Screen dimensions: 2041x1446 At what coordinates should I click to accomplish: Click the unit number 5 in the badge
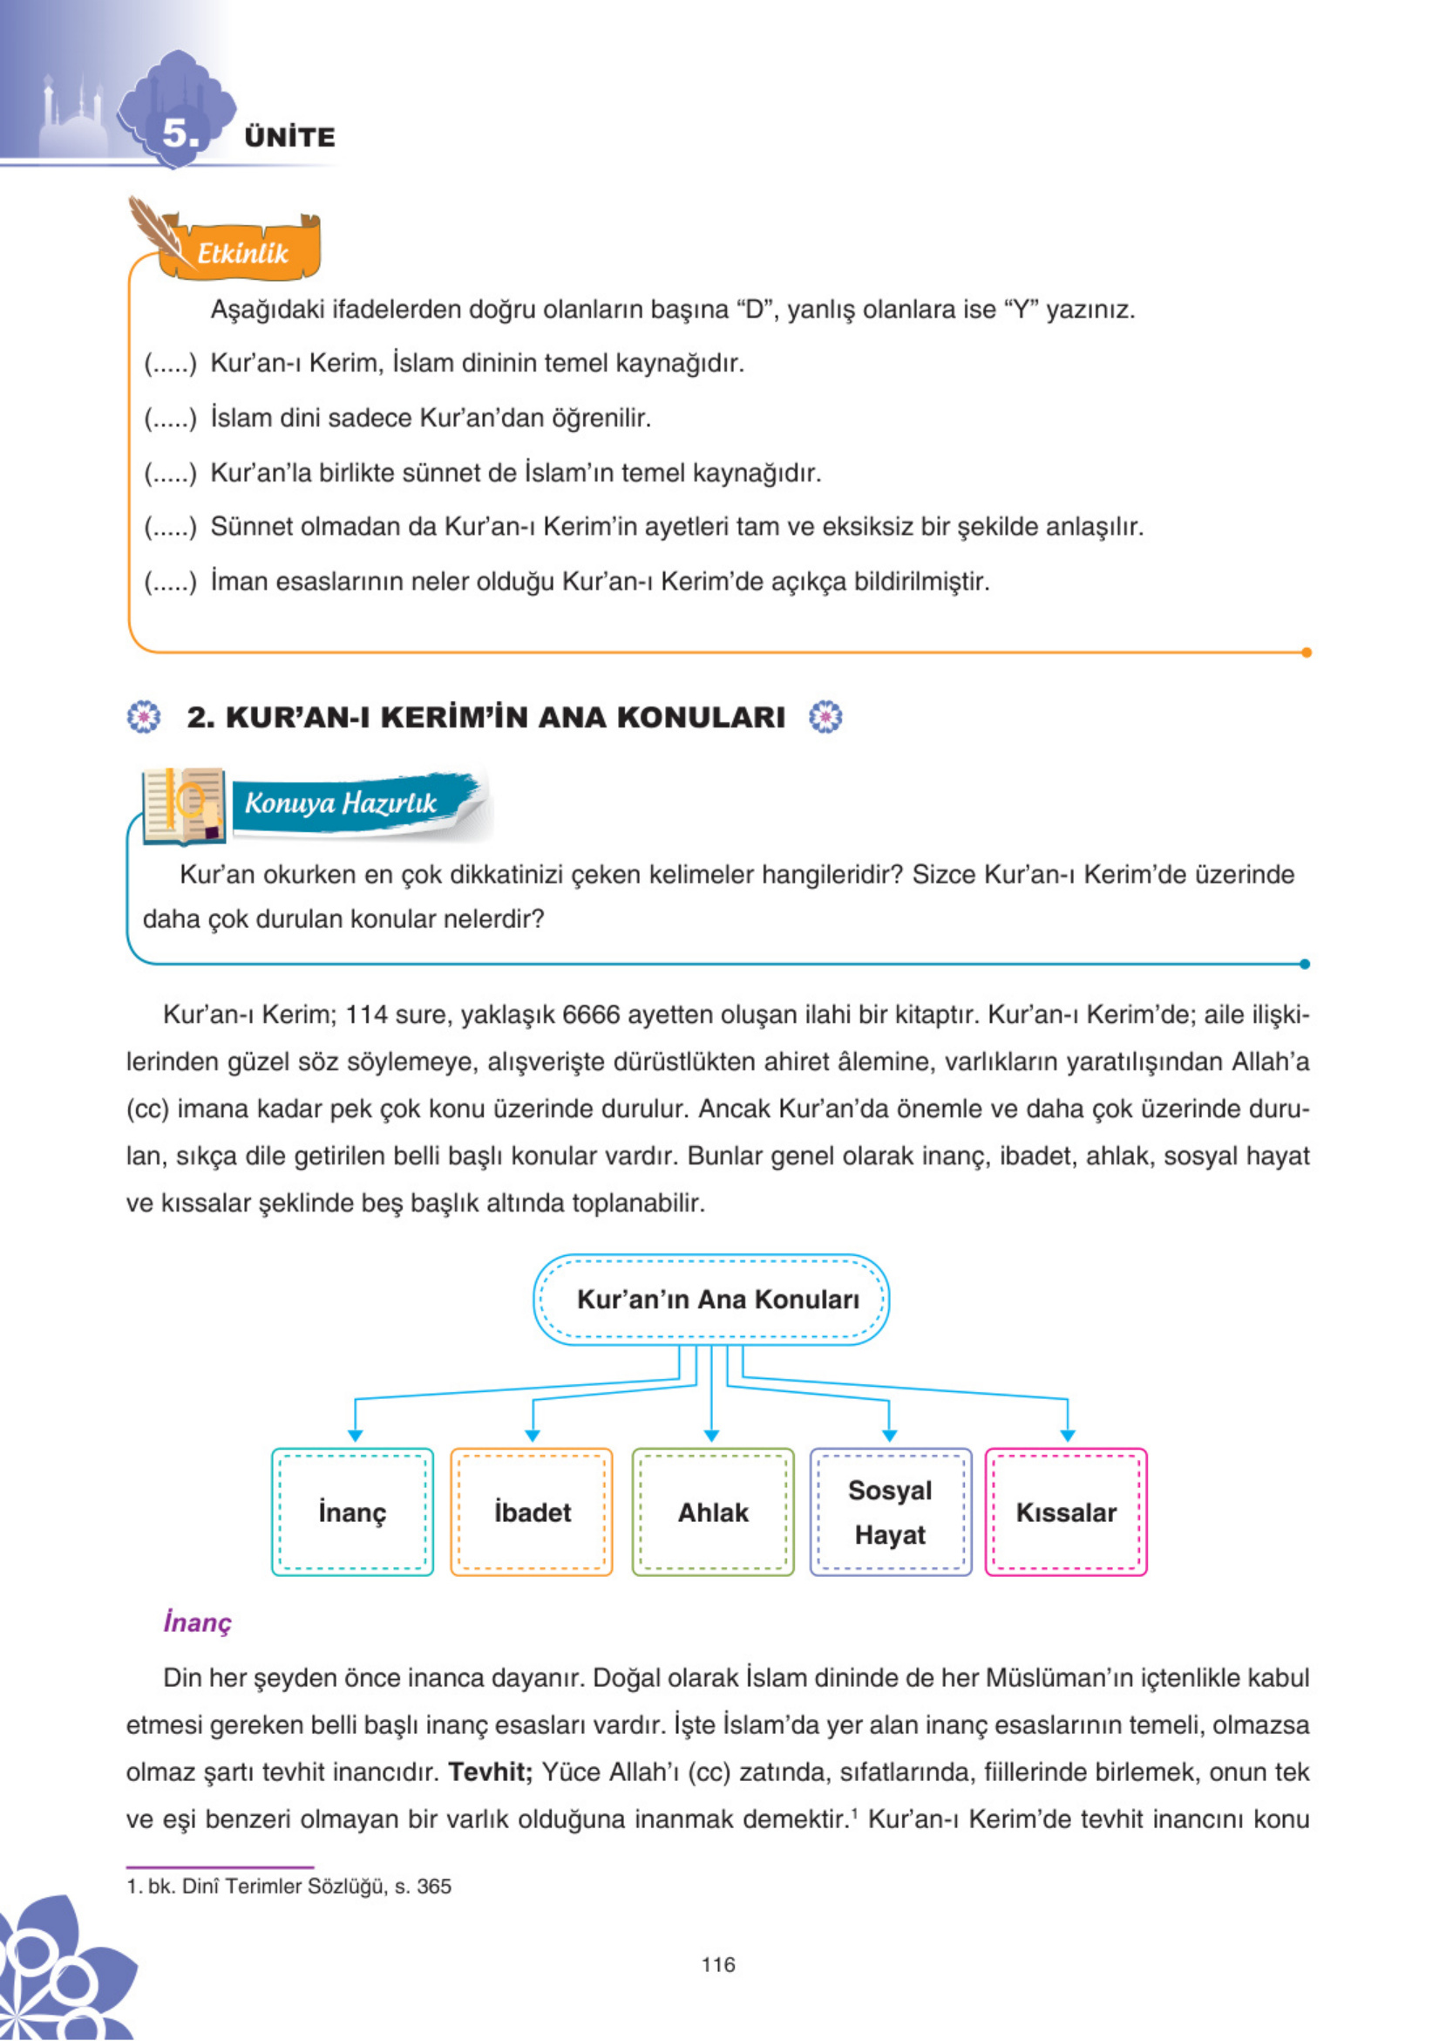pos(179,133)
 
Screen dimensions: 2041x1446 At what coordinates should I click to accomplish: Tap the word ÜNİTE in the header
pos(289,137)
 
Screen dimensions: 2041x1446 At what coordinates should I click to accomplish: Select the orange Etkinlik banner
pos(242,253)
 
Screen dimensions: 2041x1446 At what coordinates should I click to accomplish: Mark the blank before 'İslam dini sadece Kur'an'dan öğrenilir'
pos(169,418)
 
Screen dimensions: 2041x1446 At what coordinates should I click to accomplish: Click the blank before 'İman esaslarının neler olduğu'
pos(169,582)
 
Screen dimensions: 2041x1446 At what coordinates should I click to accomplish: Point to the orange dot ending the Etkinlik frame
pos(1307,652)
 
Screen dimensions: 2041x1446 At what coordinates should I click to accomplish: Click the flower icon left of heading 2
pos(144,717)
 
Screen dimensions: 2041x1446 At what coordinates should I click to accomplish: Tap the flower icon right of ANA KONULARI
pos(825,717)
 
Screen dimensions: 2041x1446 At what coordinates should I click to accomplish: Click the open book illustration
pos(182,804)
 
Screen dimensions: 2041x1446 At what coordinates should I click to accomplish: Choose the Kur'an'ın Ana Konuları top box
pos(711,1299)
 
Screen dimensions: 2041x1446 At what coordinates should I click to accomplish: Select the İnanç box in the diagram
pos(353,1512)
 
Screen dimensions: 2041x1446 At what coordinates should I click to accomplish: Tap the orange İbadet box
pos(532,1512)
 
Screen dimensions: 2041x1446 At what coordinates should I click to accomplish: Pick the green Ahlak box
pos(712,1512)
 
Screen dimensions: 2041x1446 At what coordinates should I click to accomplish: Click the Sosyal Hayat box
pos(890,1512)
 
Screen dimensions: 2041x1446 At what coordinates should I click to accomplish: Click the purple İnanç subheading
pos(198,1622)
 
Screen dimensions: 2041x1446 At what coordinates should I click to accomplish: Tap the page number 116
pos(717,1965)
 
